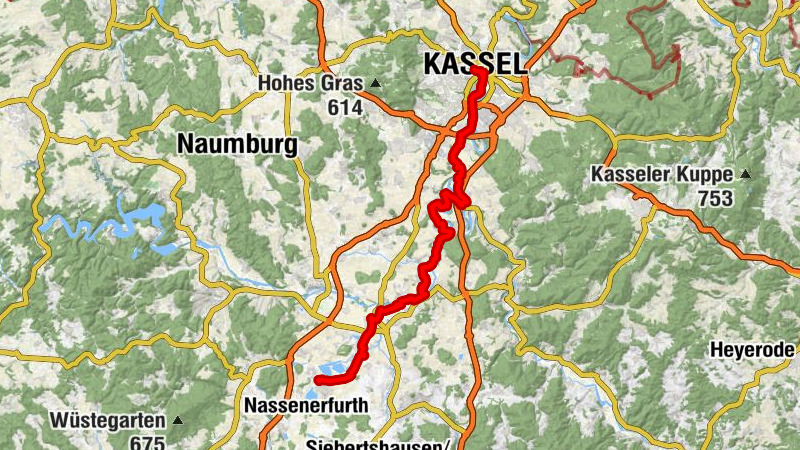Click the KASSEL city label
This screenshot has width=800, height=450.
474,64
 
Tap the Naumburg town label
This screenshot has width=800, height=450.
237,145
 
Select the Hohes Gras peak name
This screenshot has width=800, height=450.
311,84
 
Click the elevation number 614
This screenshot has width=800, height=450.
343,107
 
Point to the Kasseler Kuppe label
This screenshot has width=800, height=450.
662,174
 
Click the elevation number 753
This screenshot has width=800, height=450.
716,198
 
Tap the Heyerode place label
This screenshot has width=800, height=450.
752,350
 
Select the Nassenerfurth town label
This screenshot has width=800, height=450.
306,405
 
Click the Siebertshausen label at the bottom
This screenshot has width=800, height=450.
380,443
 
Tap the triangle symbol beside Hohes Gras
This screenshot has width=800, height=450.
376,83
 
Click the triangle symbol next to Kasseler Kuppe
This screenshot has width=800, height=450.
745,174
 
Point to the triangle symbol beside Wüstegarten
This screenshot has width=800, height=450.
178,420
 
